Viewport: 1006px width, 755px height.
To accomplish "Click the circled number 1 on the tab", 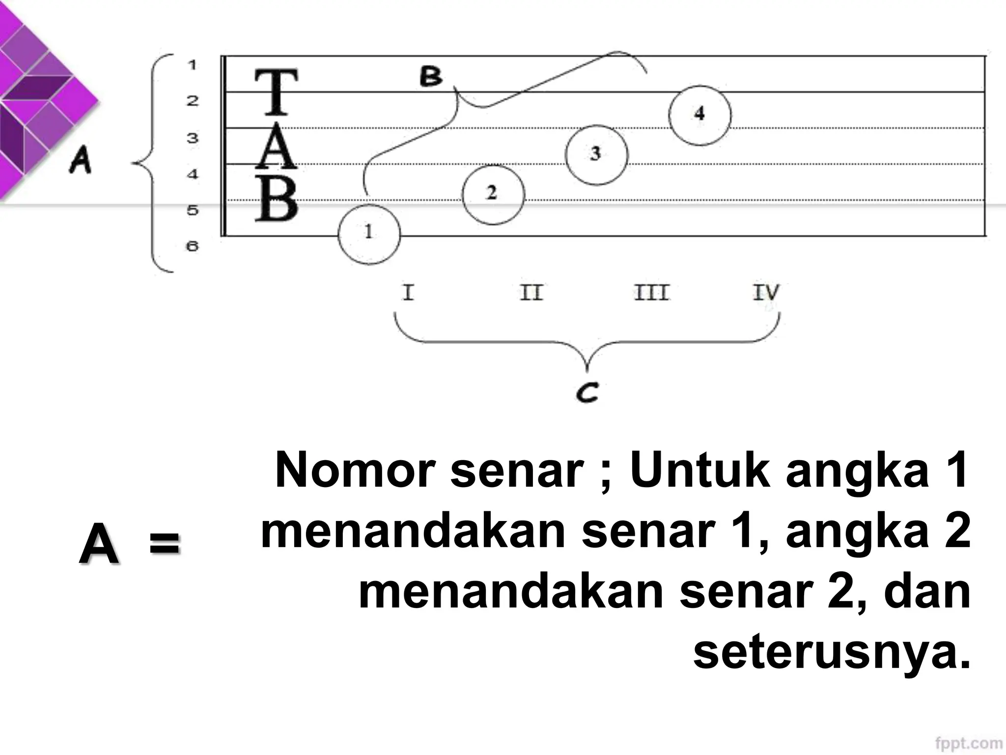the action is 369,234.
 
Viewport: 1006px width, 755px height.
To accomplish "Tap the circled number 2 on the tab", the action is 493,194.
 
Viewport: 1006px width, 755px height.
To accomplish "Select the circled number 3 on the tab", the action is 596,154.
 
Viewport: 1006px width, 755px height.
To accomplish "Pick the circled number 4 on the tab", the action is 699,115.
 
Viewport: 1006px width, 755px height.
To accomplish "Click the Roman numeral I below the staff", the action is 408,292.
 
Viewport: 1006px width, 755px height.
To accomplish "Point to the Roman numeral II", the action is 531,292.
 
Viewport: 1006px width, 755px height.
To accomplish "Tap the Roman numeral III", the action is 651,292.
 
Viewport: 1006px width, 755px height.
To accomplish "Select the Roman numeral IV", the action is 766,292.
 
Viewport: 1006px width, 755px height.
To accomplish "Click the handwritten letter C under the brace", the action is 587,393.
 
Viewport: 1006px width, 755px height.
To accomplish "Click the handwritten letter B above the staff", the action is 431,77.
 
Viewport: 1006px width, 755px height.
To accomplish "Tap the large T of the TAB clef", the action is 276,91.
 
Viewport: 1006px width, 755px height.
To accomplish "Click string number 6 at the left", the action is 192,245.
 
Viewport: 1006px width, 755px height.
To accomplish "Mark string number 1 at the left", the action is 192,64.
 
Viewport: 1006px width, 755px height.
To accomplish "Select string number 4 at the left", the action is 192,174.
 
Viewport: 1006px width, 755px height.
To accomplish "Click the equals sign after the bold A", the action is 165,545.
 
